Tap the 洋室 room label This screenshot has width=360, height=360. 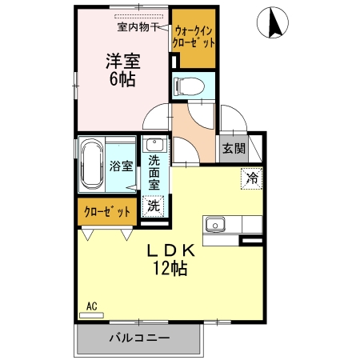(x=122, y=62)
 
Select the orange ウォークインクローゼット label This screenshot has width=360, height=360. (x=193, y=37)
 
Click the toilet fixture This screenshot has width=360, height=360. (x=193, y=86)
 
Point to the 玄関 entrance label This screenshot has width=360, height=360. (x=234, y=149)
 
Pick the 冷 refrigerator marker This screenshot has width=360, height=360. (x=251, y=177)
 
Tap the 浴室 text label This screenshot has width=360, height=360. (x=121, y=168)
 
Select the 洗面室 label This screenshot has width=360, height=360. (x=154, y=172)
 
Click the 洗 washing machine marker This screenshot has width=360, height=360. (x=154, y=204)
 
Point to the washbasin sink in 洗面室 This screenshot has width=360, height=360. (x=154, y=146)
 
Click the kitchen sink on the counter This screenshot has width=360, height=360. (x=216, y=224)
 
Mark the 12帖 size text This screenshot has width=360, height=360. (x=170, y=269)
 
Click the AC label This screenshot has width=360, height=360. (x=91, y=306)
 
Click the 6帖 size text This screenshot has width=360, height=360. (x=122, y=80)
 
